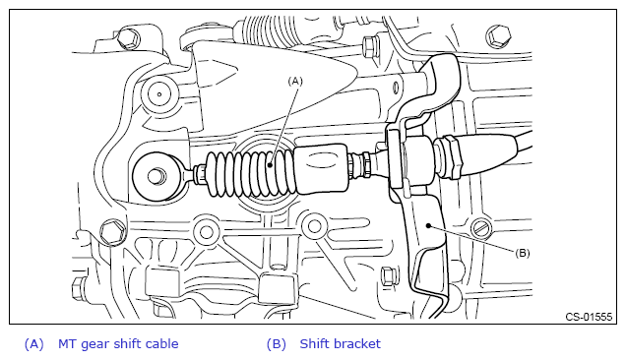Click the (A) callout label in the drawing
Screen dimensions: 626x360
point(295,82)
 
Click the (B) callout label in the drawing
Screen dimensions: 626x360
point(523,253)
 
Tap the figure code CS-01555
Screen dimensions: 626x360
point(589,317)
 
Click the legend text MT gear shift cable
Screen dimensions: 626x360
point(118,344)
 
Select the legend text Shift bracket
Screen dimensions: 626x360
point(341,343)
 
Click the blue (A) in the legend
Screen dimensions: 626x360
point(33,344)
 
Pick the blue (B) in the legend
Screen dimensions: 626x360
point(277,344)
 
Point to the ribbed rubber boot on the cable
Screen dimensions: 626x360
point(251,174)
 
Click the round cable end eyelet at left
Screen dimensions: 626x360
point(156,176)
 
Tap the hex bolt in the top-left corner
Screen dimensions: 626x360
point(129,38)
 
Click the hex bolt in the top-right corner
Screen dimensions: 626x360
point(498,36)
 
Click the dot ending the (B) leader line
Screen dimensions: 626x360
point(428,226)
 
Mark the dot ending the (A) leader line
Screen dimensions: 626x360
point(271,165)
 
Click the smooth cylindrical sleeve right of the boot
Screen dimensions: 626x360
point(322,167)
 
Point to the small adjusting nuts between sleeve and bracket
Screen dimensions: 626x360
point(361,163)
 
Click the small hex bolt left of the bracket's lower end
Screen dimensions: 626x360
point(388,276)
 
